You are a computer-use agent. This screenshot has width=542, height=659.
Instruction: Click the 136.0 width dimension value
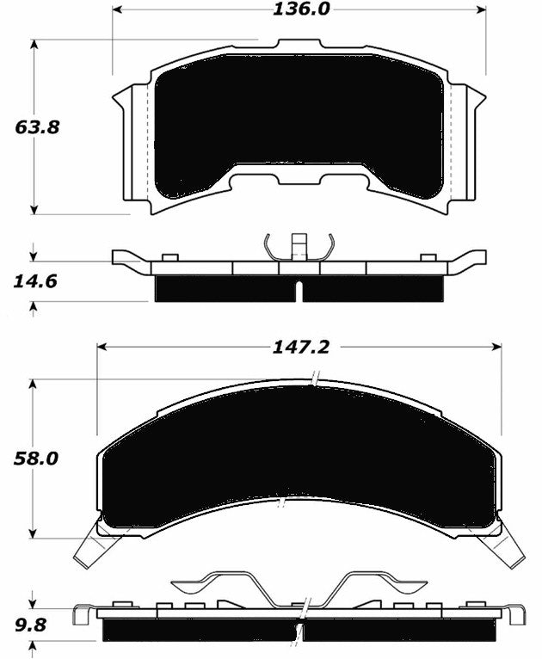(299, 9)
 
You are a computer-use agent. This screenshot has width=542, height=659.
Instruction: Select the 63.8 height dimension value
(37, 126)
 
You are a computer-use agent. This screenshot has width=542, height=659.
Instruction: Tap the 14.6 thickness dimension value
(37, 281)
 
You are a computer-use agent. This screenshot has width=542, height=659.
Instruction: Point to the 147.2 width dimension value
(299, 346)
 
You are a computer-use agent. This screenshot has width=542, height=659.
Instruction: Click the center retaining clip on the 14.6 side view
(299, 245)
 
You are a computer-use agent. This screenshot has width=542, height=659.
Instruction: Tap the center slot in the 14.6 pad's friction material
(299, 291)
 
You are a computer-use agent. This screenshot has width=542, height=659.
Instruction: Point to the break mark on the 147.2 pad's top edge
(317, 379)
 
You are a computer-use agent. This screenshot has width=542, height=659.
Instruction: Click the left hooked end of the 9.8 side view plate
(83, 615)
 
